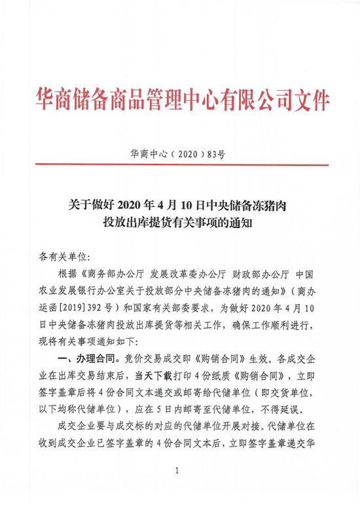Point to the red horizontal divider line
coord(180,166)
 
